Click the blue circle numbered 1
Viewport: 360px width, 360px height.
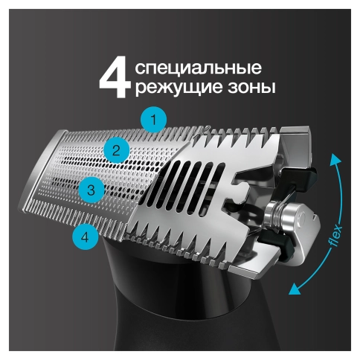click(x=153, y=120)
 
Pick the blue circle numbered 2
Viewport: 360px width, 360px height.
click(x=115, y=152)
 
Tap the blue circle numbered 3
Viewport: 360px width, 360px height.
click(x=90, y=190)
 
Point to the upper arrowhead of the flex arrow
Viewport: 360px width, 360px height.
click(x=335, y=157)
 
